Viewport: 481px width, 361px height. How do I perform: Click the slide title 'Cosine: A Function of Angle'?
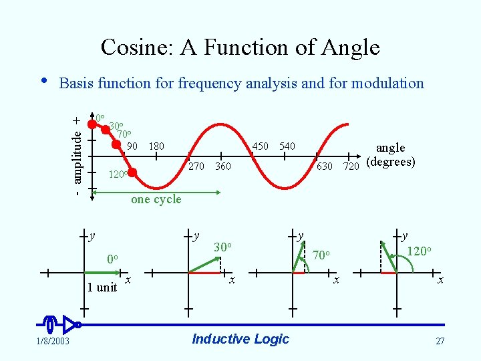coord(240,47)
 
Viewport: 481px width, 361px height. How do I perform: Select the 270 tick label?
coord(196,166)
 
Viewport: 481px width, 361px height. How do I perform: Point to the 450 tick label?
coord(261,146)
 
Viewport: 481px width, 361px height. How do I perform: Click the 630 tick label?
coord(325,166)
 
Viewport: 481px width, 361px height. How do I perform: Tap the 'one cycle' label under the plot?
coord(156,199)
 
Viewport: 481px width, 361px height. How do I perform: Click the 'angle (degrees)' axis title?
coord(391,155)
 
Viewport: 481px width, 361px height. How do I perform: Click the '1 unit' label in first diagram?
coord(102,287)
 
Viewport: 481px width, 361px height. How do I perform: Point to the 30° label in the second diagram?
coord(223,247)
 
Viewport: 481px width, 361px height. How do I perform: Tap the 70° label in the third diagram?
coord(322,255)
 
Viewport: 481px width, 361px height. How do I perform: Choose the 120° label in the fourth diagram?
coord(420,252)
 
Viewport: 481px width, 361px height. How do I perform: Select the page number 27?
coord(440,342)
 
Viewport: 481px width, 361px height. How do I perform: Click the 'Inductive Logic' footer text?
coord(240,339)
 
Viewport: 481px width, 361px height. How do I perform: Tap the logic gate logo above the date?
coord(60,324)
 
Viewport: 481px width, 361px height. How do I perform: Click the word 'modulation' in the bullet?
coord(391,83)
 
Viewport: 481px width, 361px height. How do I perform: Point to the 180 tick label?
coord(156,146)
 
